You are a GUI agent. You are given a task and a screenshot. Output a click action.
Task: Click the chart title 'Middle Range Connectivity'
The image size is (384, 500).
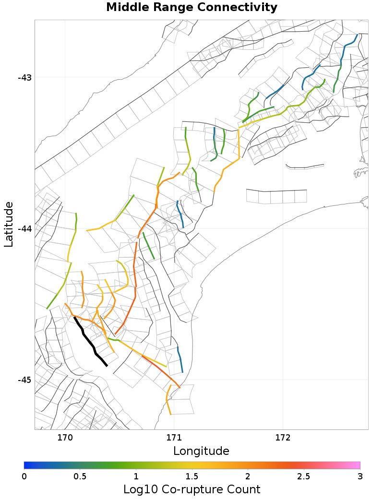[192, 8]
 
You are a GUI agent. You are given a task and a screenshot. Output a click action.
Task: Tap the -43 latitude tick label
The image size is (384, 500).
[24, 77]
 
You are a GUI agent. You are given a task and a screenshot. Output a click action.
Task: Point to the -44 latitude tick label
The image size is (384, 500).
[24, 228]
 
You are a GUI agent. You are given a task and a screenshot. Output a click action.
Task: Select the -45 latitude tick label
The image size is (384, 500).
[24, 380]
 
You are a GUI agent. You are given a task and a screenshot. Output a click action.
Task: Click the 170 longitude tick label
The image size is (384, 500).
[65, 437]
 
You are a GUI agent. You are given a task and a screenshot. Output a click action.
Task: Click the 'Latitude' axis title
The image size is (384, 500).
[9, 225]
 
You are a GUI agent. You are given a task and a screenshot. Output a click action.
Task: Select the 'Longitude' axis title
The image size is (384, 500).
[201, 451]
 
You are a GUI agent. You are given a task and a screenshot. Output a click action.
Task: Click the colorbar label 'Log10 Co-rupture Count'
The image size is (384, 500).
[192, 489]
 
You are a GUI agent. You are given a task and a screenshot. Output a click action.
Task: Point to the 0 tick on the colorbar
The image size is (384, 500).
[24, 476]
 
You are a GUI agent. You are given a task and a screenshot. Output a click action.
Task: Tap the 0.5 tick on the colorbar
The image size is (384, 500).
[80, 476]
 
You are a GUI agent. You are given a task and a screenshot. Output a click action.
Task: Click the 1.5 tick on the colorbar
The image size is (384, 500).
[192, 476]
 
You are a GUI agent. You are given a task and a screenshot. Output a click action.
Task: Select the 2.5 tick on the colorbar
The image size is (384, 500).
[304, 476]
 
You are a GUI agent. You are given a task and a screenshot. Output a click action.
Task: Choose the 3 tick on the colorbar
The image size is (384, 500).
[359, 476]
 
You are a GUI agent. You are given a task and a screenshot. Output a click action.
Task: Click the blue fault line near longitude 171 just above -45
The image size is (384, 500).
[180, 360]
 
